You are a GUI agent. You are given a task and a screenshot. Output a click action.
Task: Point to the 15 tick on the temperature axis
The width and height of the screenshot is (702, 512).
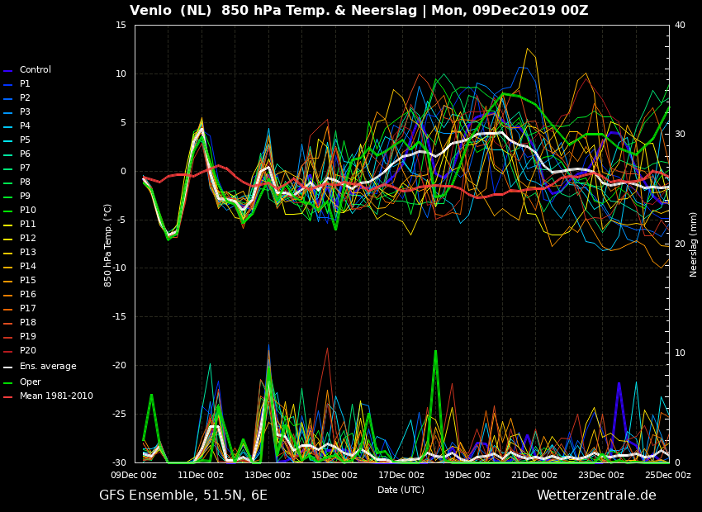(121, 25)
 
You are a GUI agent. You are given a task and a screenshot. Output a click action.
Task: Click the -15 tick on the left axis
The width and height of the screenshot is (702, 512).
(119, 317)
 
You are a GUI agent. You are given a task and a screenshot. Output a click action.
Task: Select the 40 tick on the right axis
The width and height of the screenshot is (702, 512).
(680, 25)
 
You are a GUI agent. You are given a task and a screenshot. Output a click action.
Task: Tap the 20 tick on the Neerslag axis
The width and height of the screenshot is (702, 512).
(680, 244)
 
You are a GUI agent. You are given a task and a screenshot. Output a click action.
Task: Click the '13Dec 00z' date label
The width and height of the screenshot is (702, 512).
(268, 475)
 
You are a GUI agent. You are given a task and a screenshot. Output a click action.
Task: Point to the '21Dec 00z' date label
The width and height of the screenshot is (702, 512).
(534, 475)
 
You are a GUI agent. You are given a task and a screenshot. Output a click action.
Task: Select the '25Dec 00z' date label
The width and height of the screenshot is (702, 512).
(668, 475)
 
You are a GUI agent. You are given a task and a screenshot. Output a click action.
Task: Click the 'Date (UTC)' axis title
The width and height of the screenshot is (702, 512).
(401, 490)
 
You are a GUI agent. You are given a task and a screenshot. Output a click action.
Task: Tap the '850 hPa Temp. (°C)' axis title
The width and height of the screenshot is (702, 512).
(108, 246)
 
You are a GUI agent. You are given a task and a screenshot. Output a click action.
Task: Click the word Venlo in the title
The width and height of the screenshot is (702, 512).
(150, 10)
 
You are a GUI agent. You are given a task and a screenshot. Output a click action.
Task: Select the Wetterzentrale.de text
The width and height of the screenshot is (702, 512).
(596, 495)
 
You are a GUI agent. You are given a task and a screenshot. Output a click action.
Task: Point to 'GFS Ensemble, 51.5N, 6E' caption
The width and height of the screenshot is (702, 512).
(183, 495)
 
